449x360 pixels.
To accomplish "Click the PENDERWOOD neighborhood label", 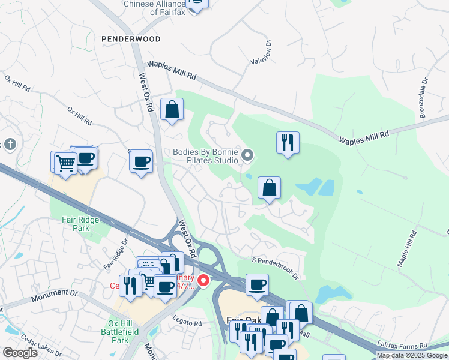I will click(x=131, y=39).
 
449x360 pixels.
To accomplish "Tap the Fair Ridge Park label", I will click(x=80, y=224).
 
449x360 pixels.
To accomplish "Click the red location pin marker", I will click(x=203, y=280).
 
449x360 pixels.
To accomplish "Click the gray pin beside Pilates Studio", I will click(x=247, y=157).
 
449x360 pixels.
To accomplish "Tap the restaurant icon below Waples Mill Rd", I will click(x=288, y=143).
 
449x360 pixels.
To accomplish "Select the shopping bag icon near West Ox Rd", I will click(x=172, y=110).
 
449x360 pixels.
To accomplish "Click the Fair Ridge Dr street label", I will click(x=116, y=255).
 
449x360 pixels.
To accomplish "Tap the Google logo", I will click(x=20, y=353).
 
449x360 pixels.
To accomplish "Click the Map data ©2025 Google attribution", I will click(x=412, y=355).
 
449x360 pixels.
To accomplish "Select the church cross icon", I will click(x=9, y=145).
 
